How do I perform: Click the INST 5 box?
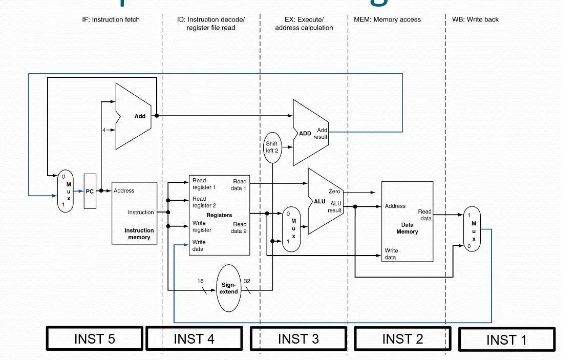coord(95,338)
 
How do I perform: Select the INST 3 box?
coord(298,338)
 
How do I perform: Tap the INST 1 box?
coord(506,340)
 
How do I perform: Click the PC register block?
coord(90,191)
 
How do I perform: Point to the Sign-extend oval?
coord(229,288)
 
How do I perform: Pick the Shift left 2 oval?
coord(272,147)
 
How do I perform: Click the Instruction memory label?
coord(139,234)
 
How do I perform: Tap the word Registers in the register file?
coord(219,215)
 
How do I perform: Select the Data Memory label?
coord(407,228)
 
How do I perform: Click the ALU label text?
coord(319,201)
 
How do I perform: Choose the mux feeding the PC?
coord(66,191)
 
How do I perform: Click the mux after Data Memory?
coord(472,230)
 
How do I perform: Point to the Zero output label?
coord(334,192)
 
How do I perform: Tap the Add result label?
coord(322,134)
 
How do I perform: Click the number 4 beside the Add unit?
coord(104,130)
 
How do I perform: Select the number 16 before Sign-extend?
coord(201,281)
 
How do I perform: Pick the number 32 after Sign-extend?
coord(247,281)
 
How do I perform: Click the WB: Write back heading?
coord(475,19)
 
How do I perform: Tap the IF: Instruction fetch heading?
coord(111,19)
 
